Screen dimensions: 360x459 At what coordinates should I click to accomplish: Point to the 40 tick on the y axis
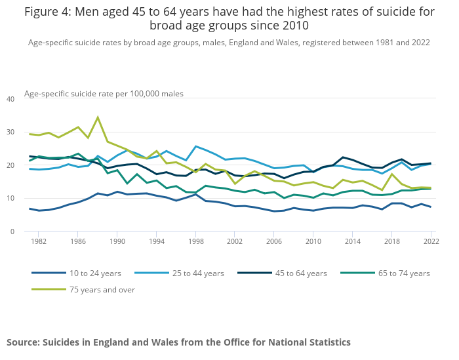pyautogui.click(x=10, y=99)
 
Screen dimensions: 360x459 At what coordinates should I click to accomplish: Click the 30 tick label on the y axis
pyautogui.click(x=10, y=132)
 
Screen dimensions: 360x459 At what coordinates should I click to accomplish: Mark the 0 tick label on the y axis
pyautogui.click(x=12, y=231)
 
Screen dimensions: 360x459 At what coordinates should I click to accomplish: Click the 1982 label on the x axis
pyautogui.click(x=38, y=242)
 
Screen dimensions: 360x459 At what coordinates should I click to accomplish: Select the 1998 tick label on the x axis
pyautogui.click(x=196, y=242)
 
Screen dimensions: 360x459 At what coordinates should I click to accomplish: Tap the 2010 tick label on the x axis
pyautogui.click(x=314, y=242)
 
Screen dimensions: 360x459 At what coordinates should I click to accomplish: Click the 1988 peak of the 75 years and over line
pyautogui.click(x=98, y=117)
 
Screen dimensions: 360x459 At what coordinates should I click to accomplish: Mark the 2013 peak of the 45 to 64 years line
pyautogui.click(x=343, y=157)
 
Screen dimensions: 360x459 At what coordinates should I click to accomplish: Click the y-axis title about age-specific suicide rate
pyautogui.click(x=104, y=94)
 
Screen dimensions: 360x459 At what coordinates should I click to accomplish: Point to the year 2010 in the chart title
pyautogui.click(x=294, y=26)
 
